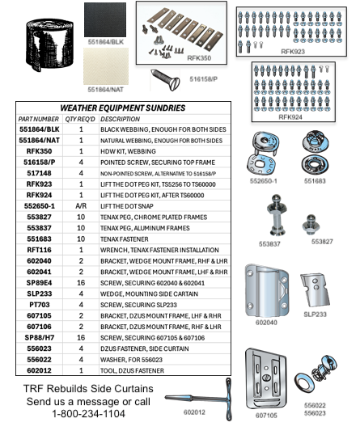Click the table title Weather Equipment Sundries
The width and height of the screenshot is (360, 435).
pos(123,108)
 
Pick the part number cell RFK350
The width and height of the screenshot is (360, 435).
pos(39,150)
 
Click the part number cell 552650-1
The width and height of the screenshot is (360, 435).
pos(39,206)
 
